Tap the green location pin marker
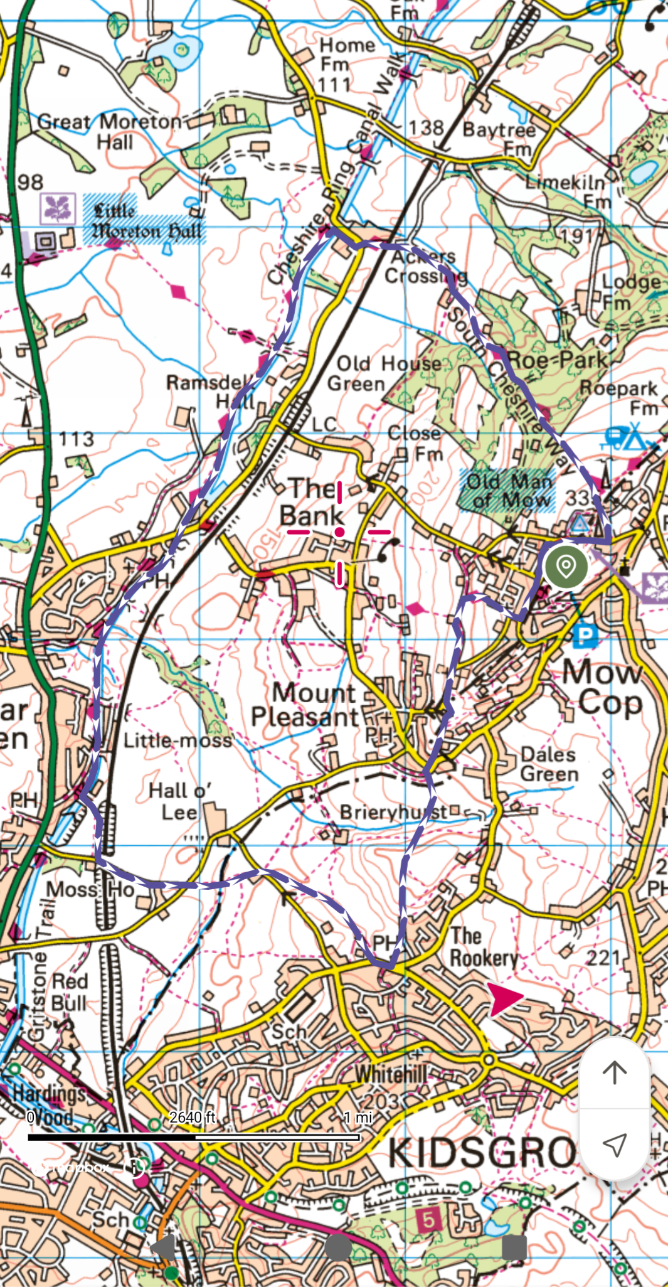pyautogui.click(x=566, y=566)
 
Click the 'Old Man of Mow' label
pyautogui.click(x=509, y=491)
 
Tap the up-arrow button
pyautogui.click(x=614, y=1072)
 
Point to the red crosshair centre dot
pyautogui.click(x=339, y=532)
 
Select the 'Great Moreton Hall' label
pyautogui.click(x=110, y=131)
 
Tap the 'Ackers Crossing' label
pyautogui.click(x=427, y=266)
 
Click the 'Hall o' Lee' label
pyautogui.click(x=180, y=801)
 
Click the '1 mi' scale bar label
pyautogui.click(x=358, y=1117)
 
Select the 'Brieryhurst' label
pyautogui.click(x=394, y=812)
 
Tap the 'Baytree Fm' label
pyautogui.click(x=500, y=139)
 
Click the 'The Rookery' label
pyautogui.click(x=484, y=947)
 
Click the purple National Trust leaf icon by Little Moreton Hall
pyautogui.click(x=58, y=208)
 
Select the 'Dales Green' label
pyautogui.click(x=549, y=764)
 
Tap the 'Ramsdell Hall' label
pyautogui.click(x=212, y=391)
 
